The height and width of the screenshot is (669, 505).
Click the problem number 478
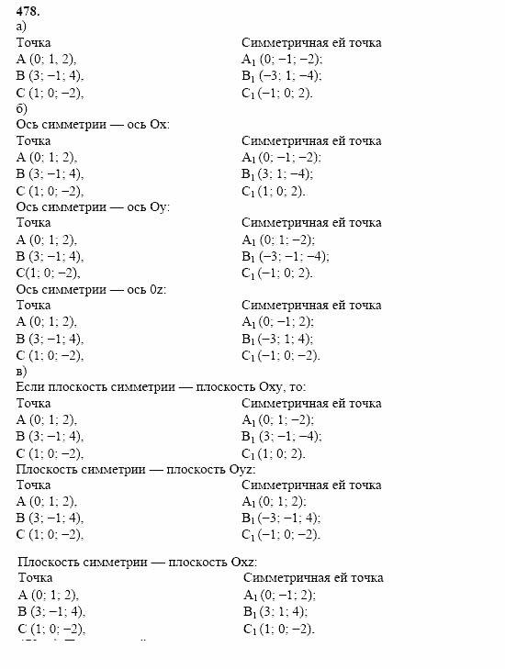(28, 12)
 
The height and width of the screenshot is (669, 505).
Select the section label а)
(22, 27)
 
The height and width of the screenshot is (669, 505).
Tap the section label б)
(22, 108)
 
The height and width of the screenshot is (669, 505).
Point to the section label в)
(22, 371)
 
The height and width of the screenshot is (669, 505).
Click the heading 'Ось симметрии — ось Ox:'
(94, 125)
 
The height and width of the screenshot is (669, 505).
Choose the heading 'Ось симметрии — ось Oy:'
(94, 206)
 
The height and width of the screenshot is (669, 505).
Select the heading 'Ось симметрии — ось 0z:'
(92, 289)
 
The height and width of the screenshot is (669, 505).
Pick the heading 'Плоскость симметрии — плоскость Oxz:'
(138, 562)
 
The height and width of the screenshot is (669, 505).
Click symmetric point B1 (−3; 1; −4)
(281, 76)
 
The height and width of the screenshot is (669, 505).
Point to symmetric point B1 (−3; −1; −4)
(285, 256)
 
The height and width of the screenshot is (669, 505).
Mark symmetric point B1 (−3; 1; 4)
(279, 339)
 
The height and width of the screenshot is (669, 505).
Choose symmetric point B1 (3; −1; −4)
(281, 437)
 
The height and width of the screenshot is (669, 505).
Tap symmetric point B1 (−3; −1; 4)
(281, 518)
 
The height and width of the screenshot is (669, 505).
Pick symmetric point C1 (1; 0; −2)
(278, 629)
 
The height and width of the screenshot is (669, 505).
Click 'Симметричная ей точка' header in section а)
(311, 43)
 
